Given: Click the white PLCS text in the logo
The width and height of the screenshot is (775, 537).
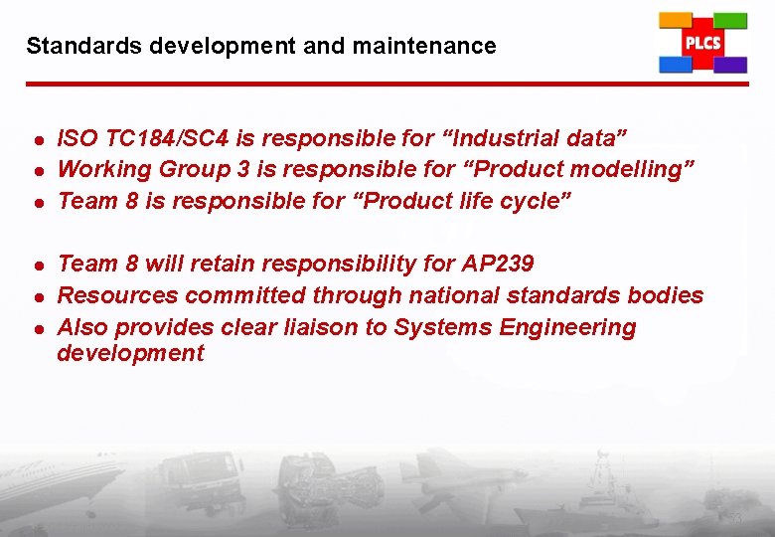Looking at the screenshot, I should click(x=702, y=43).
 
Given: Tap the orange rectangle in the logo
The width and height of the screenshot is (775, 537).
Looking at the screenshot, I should click(x=677, y=20).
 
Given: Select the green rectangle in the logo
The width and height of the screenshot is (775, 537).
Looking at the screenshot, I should click(x=730, y=20).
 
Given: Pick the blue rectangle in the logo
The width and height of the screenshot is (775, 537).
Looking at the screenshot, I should click(x=676, y=65).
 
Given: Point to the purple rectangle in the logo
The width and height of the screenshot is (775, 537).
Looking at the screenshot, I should click(x=730, y=65).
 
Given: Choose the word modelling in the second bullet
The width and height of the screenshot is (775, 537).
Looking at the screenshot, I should click(x=624, y=169).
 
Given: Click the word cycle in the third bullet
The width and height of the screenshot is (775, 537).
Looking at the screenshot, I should click(x=532, y=201).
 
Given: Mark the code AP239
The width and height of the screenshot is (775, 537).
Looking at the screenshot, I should click(x=498, y=264).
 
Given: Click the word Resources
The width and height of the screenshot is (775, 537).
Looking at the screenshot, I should click(x=118, y=295).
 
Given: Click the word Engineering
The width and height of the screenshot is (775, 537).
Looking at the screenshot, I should click(x=574, y=327).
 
